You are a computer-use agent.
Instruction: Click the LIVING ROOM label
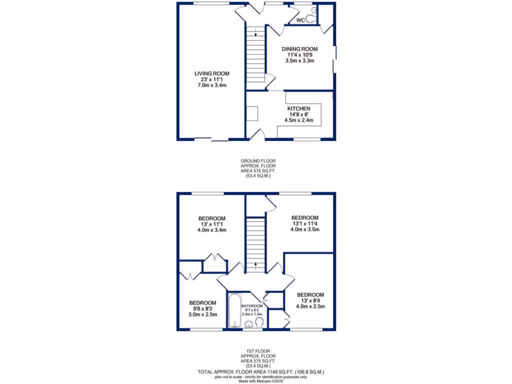click(x=212, y=73)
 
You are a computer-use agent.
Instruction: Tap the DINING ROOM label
click(x=299, y=48)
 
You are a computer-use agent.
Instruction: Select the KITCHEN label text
click(x=299, y=108)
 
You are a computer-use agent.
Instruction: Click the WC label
click(x=300, y=20)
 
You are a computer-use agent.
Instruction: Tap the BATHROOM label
click(x=252, y=306)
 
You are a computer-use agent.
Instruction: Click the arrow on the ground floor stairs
click(x=255, y=34)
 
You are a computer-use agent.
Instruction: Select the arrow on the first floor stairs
click(x=255, y=264)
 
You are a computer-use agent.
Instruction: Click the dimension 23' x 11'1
click(x=212, y=79)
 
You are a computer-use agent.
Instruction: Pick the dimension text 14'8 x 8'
click(x=299, y=114)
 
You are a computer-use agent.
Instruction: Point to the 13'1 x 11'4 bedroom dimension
click(x=305, y=223)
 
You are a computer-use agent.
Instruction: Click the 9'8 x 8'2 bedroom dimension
click(x=202, y=308)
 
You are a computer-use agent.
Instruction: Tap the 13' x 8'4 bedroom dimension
click(x=310, y=300)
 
